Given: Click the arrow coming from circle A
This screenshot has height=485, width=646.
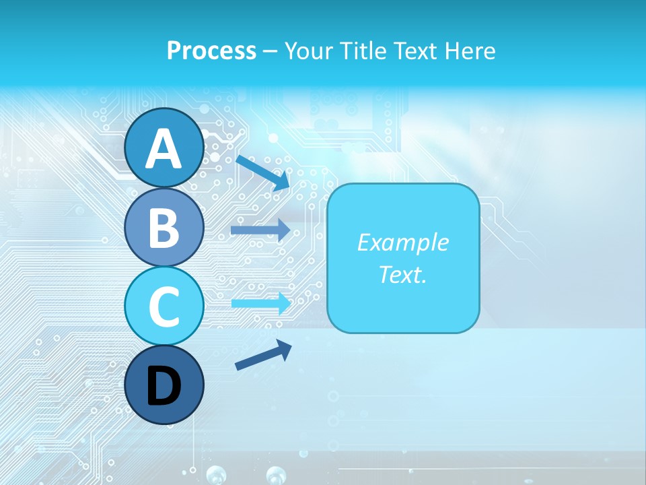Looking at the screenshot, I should (262, 172).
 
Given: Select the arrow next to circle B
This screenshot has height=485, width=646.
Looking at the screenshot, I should (260, 230).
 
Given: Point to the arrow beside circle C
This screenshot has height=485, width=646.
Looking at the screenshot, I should (260, 302).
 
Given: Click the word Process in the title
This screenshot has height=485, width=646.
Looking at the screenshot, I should (211, 51).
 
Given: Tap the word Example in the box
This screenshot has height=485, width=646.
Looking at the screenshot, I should (402, 243).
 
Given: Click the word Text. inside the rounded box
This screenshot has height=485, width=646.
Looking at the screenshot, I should (402, 274).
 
